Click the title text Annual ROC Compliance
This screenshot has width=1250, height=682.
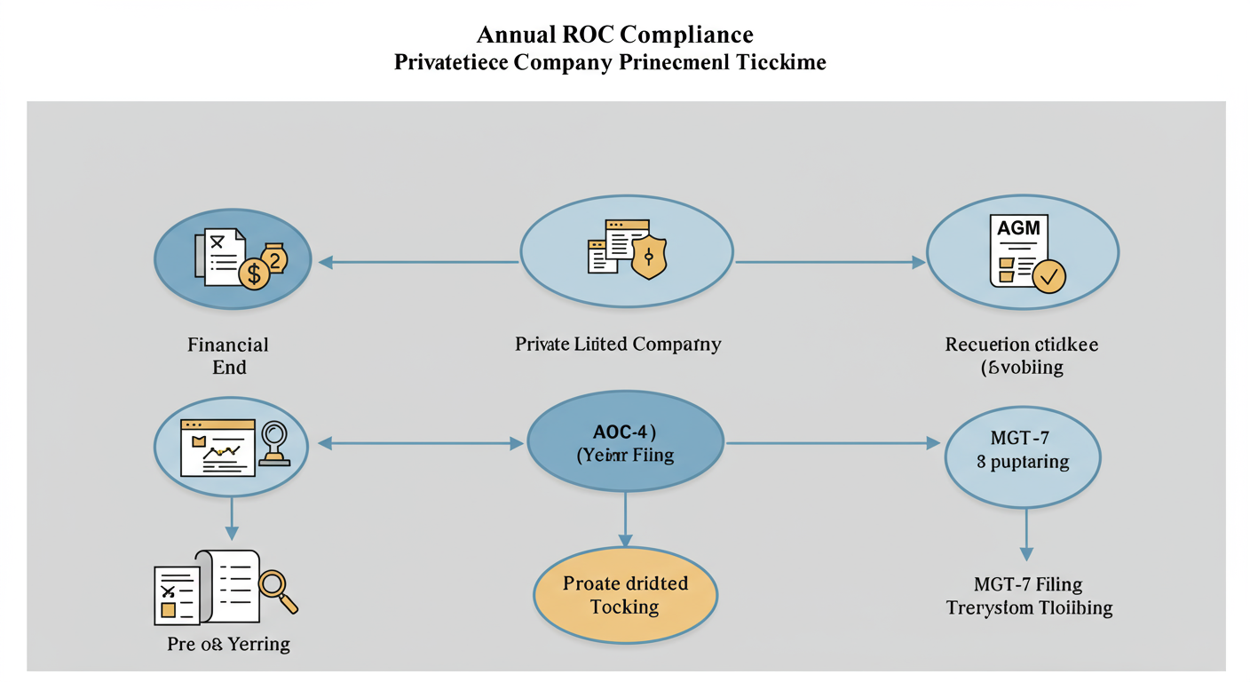click(x=614, y=35)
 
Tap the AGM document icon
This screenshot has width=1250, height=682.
click(x=1018, y=250)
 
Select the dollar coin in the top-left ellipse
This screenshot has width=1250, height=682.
click(x=254, y=274)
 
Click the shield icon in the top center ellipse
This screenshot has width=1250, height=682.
click(x=650, y=258)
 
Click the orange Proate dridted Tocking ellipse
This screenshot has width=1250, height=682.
click(x=625, y=595)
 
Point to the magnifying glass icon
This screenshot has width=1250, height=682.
click(x=277, y=589)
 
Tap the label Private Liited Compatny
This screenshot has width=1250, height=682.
click(x=618, y=344)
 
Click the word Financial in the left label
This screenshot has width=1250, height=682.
click(x=228, y=344)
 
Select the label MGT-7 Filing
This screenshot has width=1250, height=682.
click(x=1028, y=584)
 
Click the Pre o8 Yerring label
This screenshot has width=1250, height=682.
click(x=228, y=644)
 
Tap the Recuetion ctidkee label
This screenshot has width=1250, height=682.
click(x=1022, y=344)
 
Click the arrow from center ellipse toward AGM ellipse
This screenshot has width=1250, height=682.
click(x=830, y=262)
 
